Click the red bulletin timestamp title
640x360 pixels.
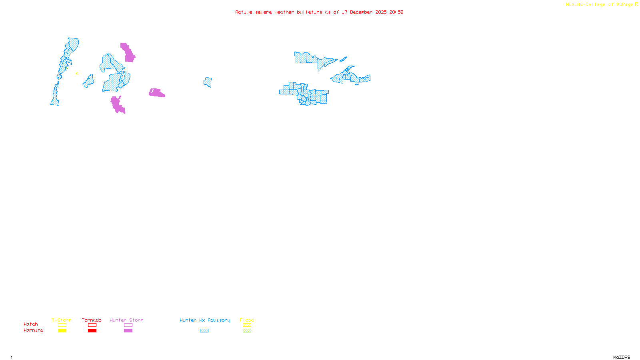319,12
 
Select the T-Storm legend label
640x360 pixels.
62,320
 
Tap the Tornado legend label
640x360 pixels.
92,320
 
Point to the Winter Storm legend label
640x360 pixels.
126,320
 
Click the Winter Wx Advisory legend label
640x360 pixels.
205,320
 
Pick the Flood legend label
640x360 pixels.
247,320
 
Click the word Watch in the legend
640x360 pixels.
31,324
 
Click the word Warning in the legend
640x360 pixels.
34,330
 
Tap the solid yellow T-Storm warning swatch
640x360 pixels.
62,331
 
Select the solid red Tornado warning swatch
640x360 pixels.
92,331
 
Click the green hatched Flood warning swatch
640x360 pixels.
247,331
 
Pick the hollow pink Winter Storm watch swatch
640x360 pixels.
128,325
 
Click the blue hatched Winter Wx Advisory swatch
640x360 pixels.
204,331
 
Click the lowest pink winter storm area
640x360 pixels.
117,104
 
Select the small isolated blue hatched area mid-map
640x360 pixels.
208,82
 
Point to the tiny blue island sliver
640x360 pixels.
343,60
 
